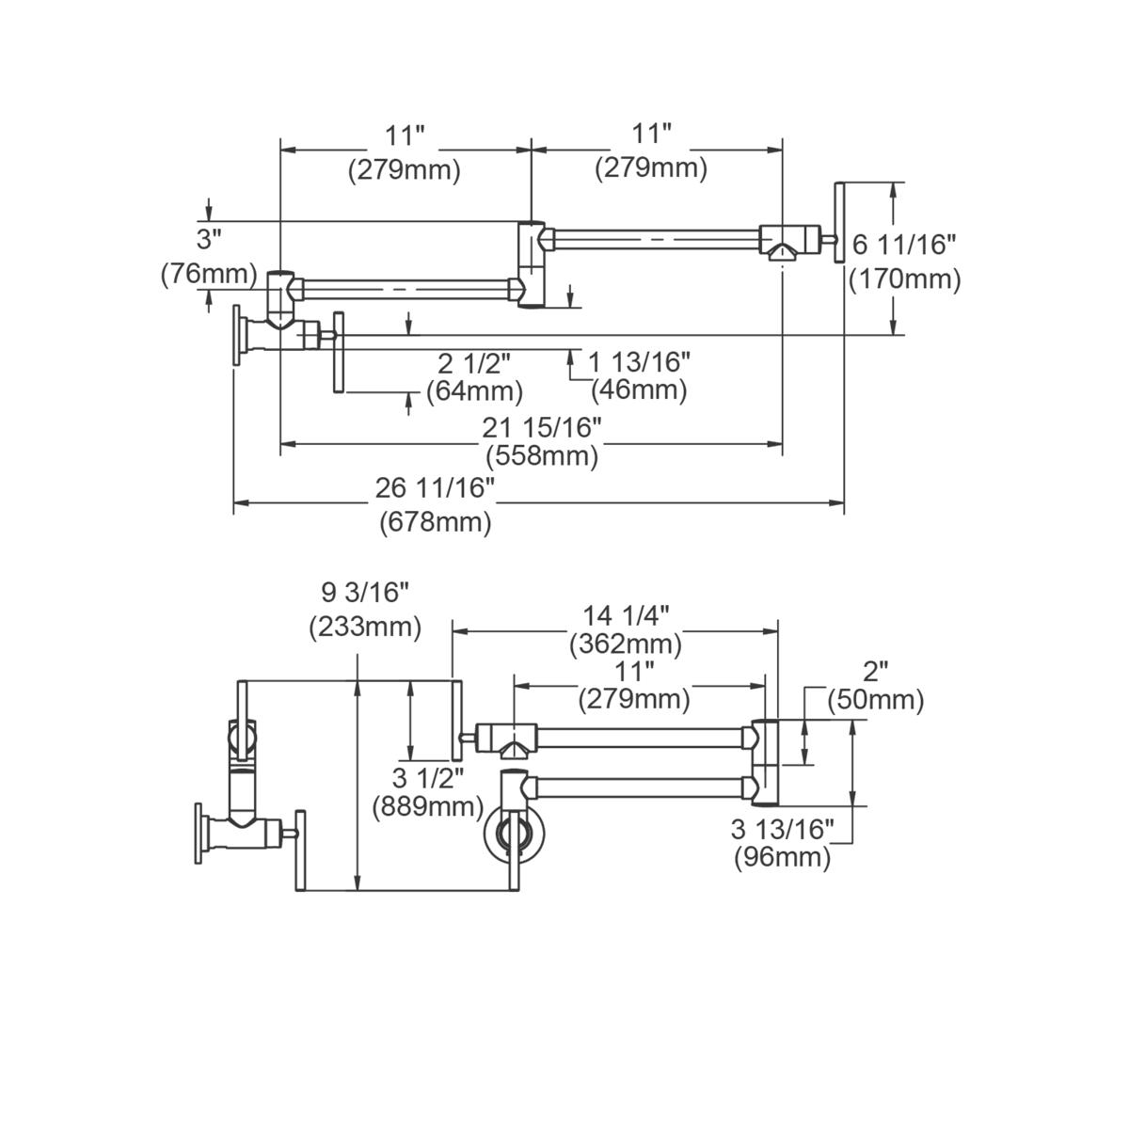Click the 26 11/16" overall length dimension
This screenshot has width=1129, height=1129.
(x=435, y=487)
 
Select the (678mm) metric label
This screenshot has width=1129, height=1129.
(x=435, y=522)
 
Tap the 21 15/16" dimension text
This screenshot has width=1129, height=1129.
(x=542, y=427)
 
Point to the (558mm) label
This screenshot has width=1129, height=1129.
(x=542, y=457)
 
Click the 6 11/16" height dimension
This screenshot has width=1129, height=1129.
(x=904, y=246)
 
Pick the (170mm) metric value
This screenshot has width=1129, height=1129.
(x=904, y=279)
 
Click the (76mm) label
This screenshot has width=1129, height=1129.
(x=208, y=273)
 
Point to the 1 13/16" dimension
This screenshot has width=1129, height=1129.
(x=640, y=360)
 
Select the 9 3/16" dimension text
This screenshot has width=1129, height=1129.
(x=365, y=593)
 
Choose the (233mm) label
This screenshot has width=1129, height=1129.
(x=365, y=628)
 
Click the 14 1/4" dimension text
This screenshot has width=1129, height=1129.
(x=626, y=615)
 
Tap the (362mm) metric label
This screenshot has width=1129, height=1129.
(x=626, y=644)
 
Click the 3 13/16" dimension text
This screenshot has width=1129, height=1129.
(x=783, y=829)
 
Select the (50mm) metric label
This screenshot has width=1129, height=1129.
(x=875, y=700)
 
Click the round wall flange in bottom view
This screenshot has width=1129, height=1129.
(x=513, y=830)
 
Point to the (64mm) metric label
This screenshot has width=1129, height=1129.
(x=474, y=390)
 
